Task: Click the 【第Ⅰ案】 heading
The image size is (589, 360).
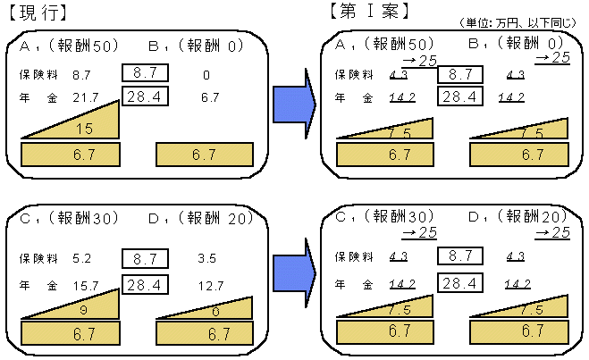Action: (368, 12)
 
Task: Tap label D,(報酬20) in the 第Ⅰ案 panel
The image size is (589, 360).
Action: (518, 216)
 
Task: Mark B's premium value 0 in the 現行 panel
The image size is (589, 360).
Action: (206, 76)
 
